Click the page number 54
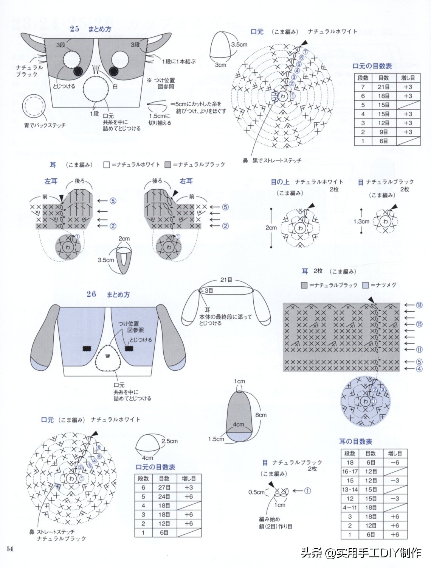click(x=10, y=549)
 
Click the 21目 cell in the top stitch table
click(x=383, y=87)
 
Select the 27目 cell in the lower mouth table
click(x=164, y=487)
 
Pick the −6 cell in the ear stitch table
click(x=395, y=462)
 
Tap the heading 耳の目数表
click(x=355, y=442)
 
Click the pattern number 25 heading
click(x=74, y=29)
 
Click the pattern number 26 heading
click(x=91, y=294)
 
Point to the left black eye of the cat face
click(x=78, y=71)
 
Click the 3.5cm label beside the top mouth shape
click(x=239, y=44)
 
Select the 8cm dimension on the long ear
click(x=261, y=415)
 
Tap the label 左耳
click(x=51, y=181)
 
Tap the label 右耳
click(x=186, y=181)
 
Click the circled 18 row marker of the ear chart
click(x=419, y=305)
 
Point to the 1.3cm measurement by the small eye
click(x=361, y=222)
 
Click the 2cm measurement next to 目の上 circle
click(x=271, y=228)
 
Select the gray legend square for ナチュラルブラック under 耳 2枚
click(x=304, y=285)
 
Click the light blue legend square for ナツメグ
click(x=365, y=285)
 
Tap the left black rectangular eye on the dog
click(x=88, y=348)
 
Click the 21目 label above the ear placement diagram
click(x=226, y=280)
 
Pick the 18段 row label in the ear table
click(x=350, y=462)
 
